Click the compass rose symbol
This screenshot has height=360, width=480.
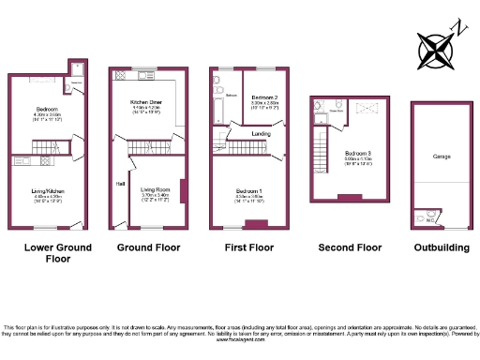pos(438,46)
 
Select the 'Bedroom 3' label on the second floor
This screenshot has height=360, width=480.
pos(356,152)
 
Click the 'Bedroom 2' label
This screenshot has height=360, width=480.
pos(264,97)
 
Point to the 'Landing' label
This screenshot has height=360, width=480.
pos(262,133)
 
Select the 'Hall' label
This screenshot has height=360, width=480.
pos(121,182)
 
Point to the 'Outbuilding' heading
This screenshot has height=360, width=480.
pos(441,247)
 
